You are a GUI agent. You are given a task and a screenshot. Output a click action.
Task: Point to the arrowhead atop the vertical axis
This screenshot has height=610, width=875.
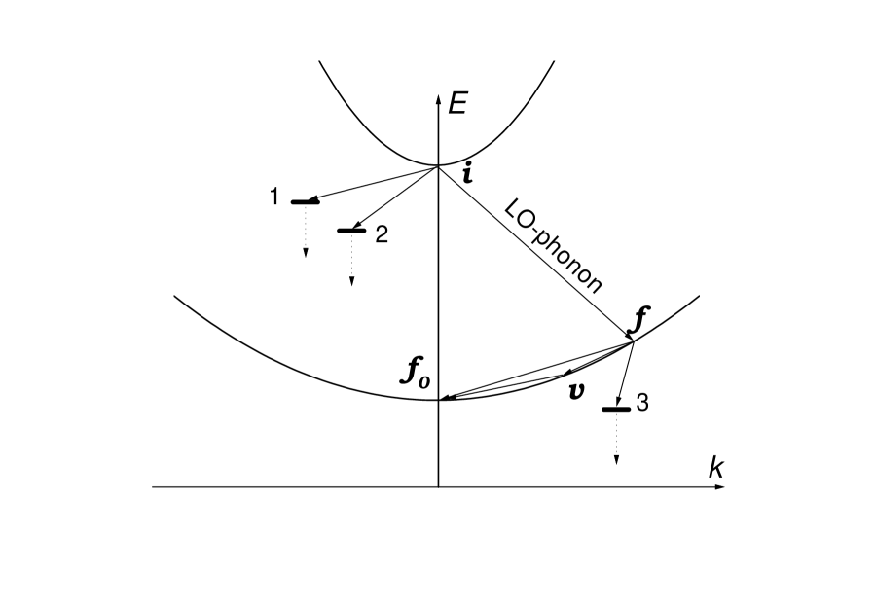point(439,97)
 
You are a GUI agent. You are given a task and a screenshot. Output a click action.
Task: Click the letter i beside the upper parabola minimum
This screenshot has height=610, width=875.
point(468,175)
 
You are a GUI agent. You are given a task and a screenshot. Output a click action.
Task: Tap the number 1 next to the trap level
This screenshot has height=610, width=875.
point(275,197)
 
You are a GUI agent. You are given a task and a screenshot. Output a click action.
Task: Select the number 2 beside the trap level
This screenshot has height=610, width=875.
point(382,233)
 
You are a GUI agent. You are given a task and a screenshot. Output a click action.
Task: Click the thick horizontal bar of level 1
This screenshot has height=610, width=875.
point(305,202)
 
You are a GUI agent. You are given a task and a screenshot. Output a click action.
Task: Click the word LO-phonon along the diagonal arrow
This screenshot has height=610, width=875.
point(553,245)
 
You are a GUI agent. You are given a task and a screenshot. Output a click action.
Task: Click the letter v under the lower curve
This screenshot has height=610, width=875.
point(576,391)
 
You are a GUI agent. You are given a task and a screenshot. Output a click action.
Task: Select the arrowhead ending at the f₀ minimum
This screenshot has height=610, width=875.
point(445,398)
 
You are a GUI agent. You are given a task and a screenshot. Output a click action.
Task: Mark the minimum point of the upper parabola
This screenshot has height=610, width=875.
point(439,166)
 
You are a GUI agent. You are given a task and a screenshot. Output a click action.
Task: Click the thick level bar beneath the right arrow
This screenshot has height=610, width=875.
point(616,409)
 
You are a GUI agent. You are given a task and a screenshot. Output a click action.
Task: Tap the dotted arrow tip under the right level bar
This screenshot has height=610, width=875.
point(616,460)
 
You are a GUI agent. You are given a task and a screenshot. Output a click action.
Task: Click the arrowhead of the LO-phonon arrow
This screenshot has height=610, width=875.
point(631,334)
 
